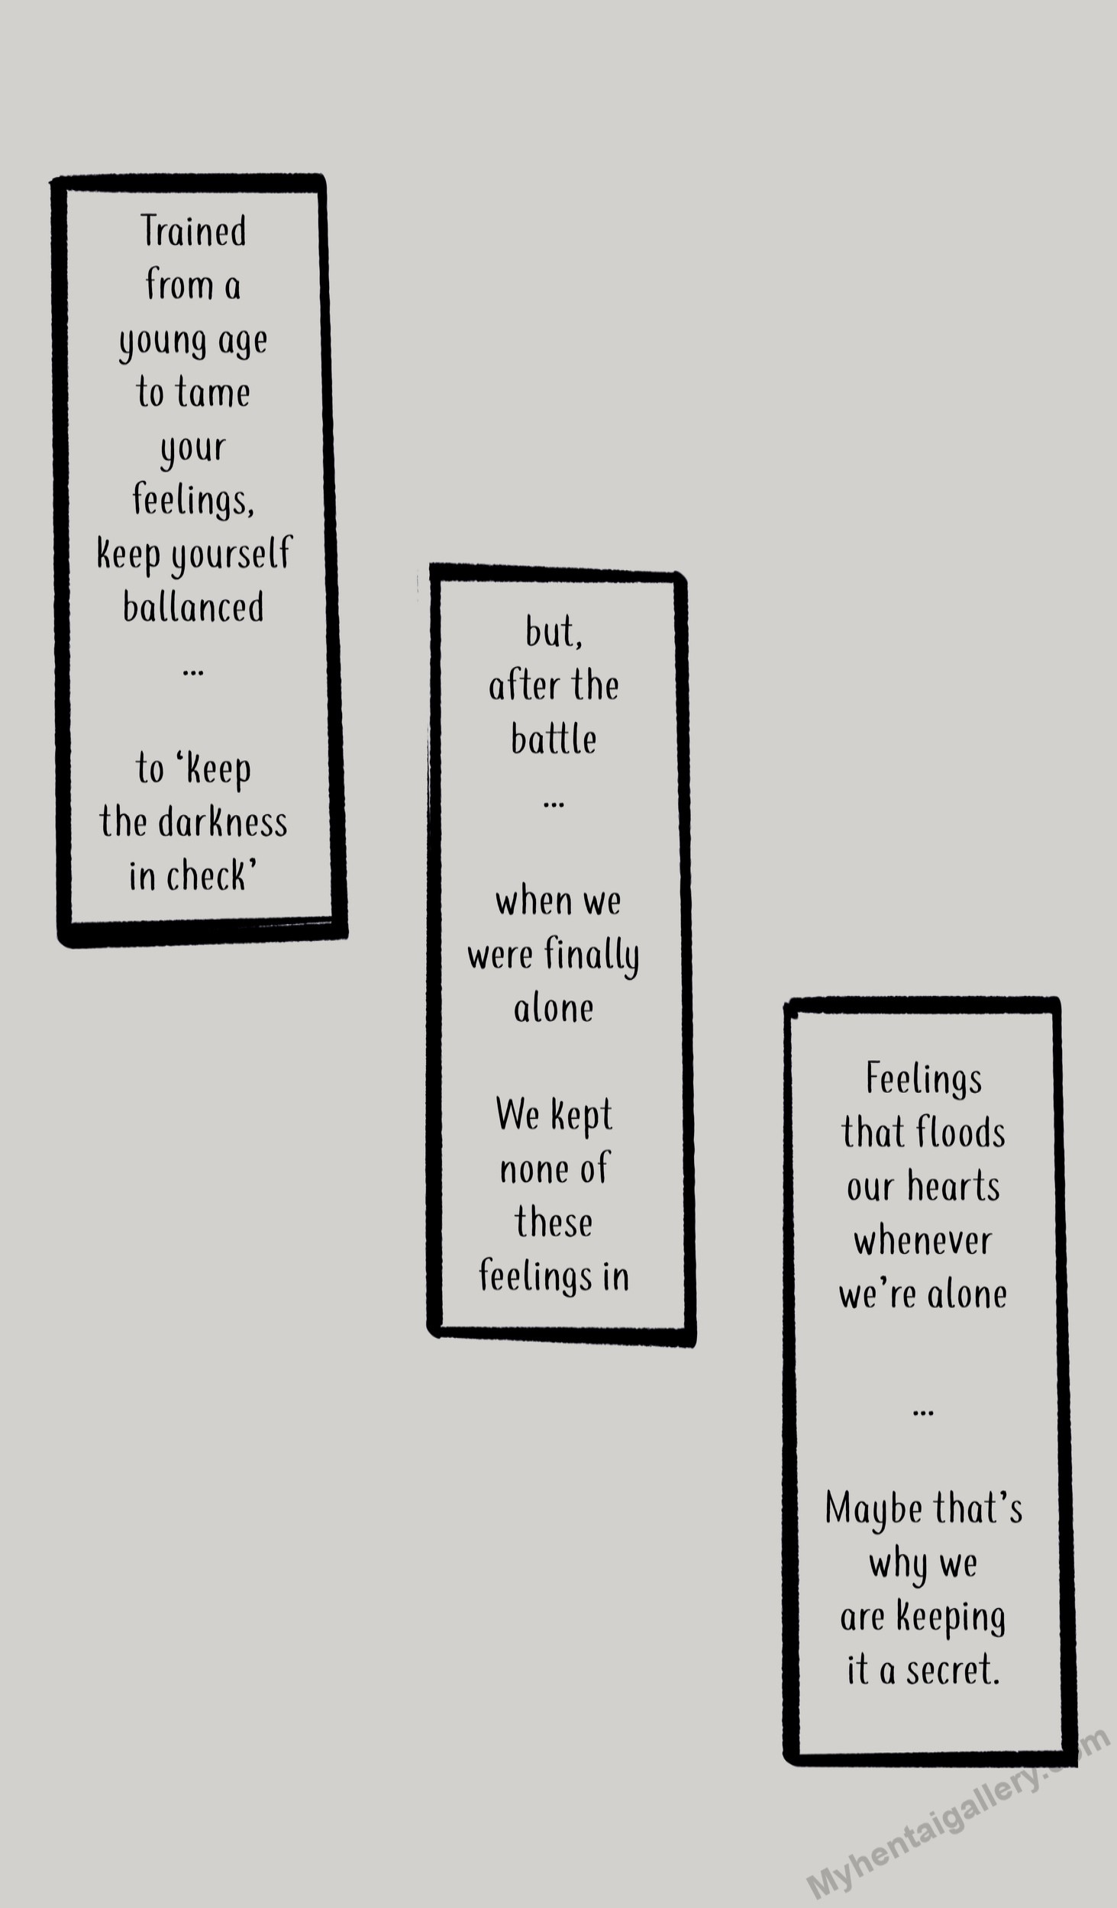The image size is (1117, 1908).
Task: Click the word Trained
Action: point(193,232)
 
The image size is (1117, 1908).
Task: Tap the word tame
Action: point(213,393)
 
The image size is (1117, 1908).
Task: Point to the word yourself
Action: point(231,554)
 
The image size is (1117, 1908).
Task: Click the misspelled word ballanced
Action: point(193,608)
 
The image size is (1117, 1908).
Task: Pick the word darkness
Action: point(223,823)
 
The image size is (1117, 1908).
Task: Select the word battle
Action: point(554,740)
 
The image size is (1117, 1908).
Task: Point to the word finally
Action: point(592,956)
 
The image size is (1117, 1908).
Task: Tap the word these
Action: point(554,1223)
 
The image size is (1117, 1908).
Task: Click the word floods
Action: point(960,1133)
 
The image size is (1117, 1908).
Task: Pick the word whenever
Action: point(923,1241)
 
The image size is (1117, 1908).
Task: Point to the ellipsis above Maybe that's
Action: point(923,1413)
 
